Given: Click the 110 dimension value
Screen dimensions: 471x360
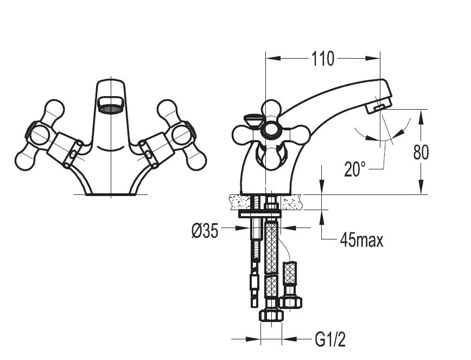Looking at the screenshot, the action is (x=323, y=59).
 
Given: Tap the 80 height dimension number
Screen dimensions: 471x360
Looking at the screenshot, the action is (x=421, y=153).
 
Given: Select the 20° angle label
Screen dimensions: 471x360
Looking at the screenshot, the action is (x=355, y=169).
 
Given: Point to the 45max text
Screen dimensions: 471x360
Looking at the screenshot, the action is (x=361, y=241).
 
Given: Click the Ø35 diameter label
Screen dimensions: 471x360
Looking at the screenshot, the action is (x=205, y=231).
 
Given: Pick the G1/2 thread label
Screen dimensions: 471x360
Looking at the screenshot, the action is (x=330, y=339).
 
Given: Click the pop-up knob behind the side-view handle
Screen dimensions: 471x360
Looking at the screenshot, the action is (x=252, y=119).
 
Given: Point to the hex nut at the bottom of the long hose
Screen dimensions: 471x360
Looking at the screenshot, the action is (x=271, y=315).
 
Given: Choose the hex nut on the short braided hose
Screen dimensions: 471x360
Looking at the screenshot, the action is (x=290, y=302).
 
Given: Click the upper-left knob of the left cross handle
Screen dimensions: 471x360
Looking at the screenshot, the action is (x=54, y=109).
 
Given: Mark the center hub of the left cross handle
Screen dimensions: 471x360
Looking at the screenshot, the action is (x=39, y=135).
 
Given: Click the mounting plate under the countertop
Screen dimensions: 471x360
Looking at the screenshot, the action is (x=260, y=214).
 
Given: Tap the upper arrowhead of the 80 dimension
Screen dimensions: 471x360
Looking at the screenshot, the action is (x=421, y=116).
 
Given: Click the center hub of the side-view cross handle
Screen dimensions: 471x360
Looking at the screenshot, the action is (x=271, y=130).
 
